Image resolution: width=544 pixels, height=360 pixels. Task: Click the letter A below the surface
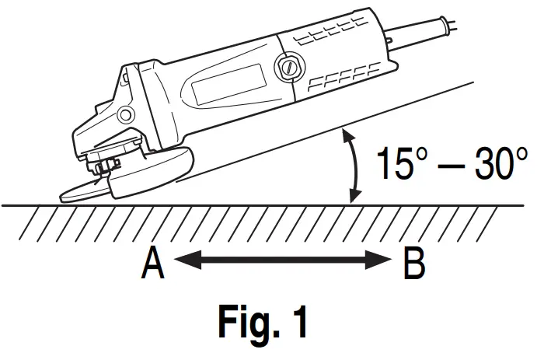(152, 264)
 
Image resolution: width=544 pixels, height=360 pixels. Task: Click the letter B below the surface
(414, 264)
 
